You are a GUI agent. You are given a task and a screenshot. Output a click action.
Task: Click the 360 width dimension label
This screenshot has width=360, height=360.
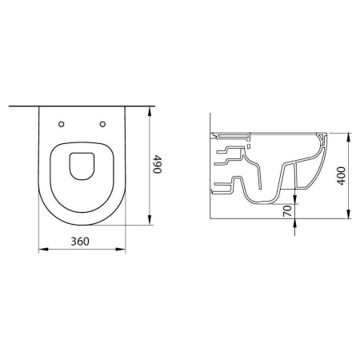[80, 242]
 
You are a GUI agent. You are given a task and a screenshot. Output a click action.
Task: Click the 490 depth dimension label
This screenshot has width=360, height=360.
[157, 164]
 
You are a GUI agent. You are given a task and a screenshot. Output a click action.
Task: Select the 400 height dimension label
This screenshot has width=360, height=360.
[341, 176]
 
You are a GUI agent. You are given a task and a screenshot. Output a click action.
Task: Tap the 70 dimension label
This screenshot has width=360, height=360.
[287, 211]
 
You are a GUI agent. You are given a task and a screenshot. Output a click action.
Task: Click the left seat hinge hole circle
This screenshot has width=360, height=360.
[62, 124]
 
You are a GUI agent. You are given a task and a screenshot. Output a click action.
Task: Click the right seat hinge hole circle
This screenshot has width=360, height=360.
[102, 124]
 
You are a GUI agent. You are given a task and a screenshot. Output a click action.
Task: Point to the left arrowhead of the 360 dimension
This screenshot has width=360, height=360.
[44, 250]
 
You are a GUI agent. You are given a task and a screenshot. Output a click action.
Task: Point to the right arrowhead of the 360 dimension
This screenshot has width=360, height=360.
[120, 250]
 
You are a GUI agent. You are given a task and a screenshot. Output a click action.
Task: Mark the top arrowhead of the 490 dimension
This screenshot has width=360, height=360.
[150, 111]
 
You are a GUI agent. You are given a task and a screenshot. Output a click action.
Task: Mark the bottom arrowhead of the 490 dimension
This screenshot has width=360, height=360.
[150, 220]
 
